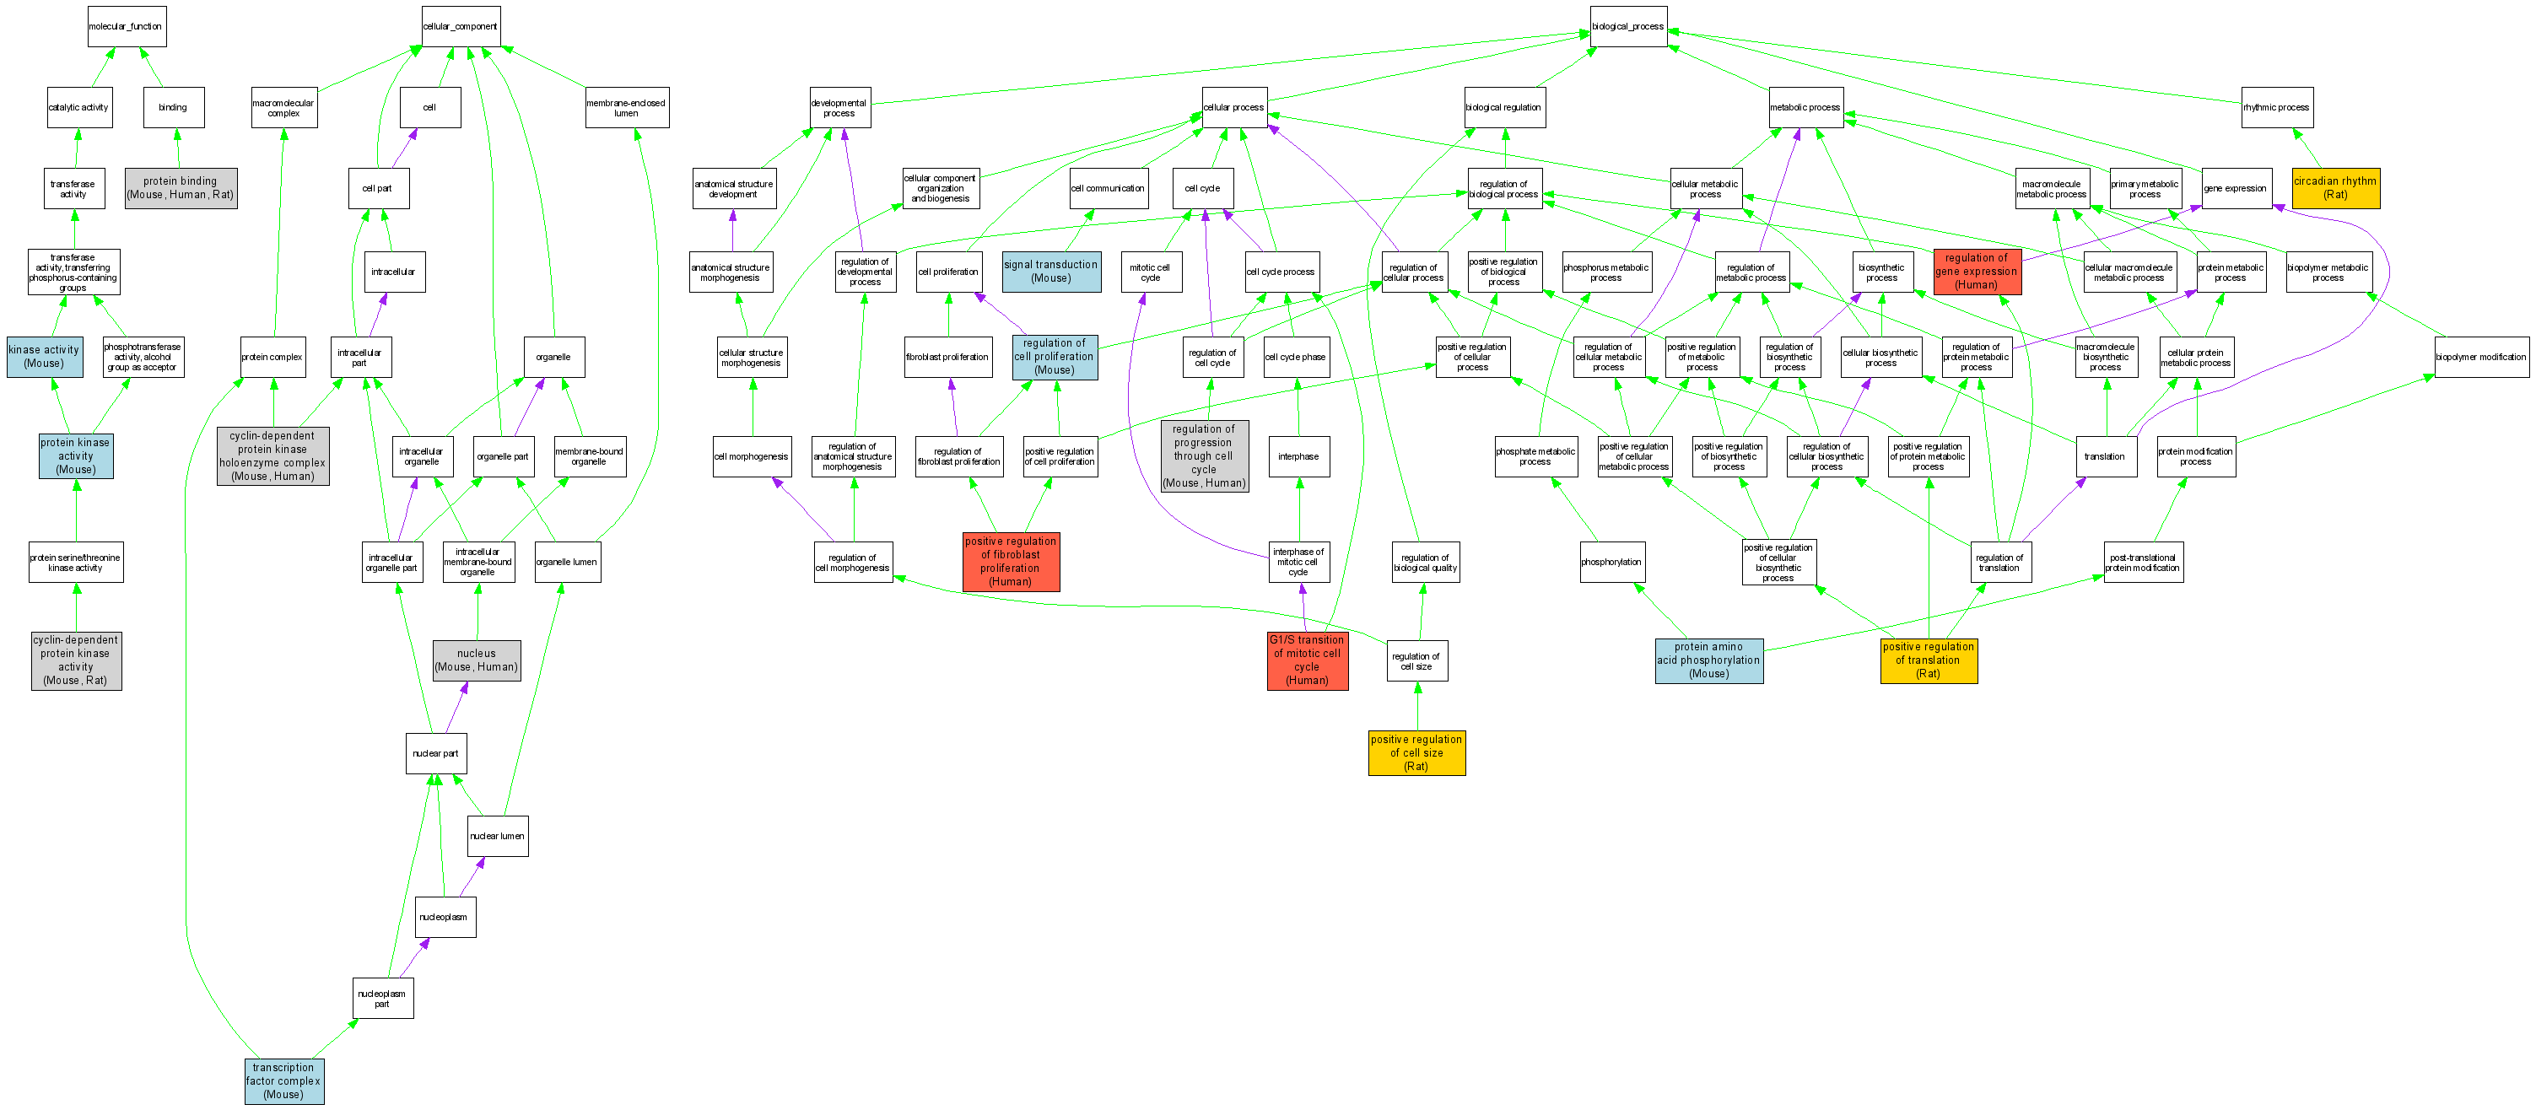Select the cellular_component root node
[x=460, y=27]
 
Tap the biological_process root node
[x=1627, y=27]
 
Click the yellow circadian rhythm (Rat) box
[x=2335, y=188]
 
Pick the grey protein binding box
[x=181, y=188]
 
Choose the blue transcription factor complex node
[x=283, y=1080]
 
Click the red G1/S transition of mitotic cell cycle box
[x=1307, y=660]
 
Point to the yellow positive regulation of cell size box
[x=1416, y=752]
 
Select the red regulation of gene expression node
[x=1976, y=272]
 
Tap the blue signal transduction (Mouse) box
[x=1050, y=272]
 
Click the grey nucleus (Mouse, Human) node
[x=477, y=660]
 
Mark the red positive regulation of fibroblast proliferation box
[x=1010, y=562]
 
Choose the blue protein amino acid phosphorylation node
[x=1708, y=660]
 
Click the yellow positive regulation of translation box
[x=1928, y=660]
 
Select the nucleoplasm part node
[x=382, y=999]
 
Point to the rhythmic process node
[x=2276, y=107]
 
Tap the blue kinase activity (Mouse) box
[x=45, y=356]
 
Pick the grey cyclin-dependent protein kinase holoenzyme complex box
[x=272, y=455]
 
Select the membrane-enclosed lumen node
[x=626, y=107]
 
